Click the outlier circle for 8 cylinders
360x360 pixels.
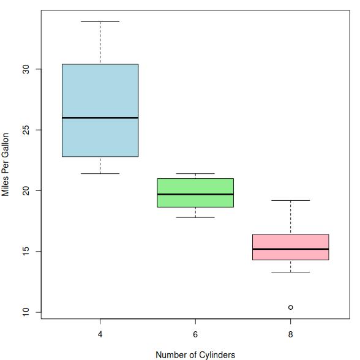[x=290, y=307]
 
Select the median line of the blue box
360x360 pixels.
[x=100, y=118]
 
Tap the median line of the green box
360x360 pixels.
[x=195, y=194]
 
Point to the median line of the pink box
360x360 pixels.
[x=291, y=249]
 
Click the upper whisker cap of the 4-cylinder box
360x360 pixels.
[x=100, y=22]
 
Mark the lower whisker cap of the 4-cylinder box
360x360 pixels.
[x=100, y=173]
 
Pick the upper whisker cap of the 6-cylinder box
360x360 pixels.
[x=195, y=173]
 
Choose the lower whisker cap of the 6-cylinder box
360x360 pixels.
[x=195, y=217]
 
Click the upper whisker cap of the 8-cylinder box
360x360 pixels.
[x=291, y=200]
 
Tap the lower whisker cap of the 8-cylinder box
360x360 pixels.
[x=291, y=272]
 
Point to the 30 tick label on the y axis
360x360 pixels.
[x=26, y=69]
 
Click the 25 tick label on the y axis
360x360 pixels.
[x=26, y=130]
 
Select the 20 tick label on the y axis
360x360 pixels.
[x=26, y=190]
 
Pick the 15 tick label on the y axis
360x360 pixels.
[x=26, y=252]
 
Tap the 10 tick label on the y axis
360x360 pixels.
[x=26, y=312]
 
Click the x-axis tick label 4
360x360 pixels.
[x=100, y=334]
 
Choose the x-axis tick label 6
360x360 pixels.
[x=195, y=334]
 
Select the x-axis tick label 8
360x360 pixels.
[x=291, y=334]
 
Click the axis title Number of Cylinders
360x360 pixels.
[x=195, y=354]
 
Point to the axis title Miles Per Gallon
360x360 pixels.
[x=5, y=164]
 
